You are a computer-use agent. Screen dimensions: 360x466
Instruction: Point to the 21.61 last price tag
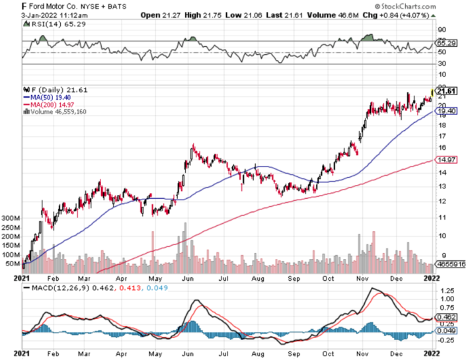tap(448, 90)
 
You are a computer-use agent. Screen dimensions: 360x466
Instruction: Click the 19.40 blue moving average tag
tap(448, 112)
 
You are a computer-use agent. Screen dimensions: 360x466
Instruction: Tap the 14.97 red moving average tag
tap(448, 160)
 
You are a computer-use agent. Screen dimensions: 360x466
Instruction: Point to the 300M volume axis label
tap(12, 217)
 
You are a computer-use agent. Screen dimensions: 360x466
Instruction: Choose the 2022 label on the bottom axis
tap(432, 279)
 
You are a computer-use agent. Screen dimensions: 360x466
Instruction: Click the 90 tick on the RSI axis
tap(442, 29)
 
